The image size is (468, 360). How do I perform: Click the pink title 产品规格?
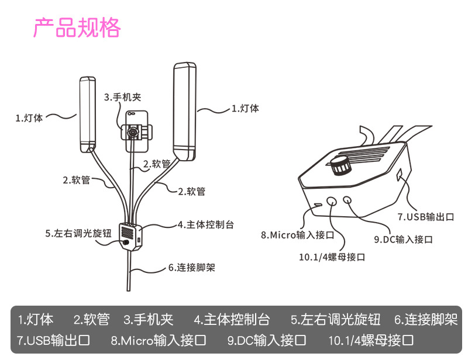point(77,27)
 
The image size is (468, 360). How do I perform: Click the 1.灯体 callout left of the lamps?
point(29,117)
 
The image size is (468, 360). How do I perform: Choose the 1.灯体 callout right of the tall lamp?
point(245,108)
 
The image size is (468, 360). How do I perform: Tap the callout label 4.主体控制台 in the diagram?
point(205,224)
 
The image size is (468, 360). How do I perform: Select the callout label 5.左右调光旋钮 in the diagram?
point(78,233)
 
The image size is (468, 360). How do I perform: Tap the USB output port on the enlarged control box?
point(400,175)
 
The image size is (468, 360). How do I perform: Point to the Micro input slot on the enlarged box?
point(317,205)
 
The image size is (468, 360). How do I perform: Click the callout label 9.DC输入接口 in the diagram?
point(403,240)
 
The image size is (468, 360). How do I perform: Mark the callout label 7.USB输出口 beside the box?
point(426,217)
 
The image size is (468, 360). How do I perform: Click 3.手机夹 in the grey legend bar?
point(149,320)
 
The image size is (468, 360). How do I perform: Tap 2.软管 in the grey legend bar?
point(91,320)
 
